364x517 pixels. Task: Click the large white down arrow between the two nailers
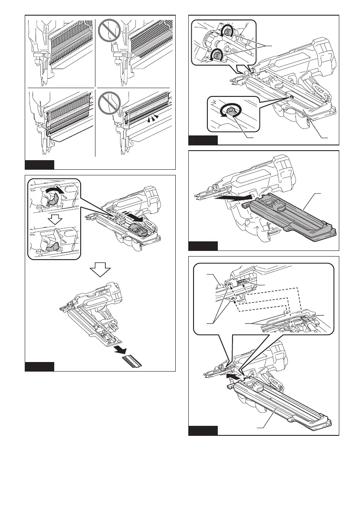101,271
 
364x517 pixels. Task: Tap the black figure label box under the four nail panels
39,165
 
